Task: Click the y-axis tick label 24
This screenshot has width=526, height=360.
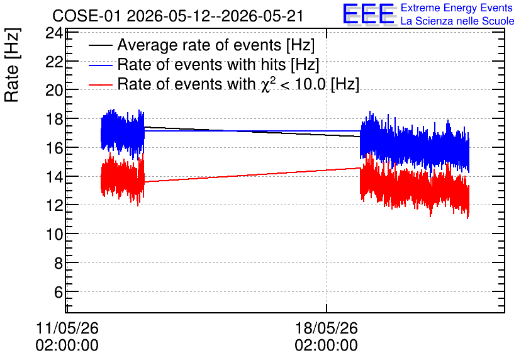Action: point(53,33)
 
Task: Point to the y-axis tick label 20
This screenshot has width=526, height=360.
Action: point(53,90)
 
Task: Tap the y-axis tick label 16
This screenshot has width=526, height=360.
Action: point(53,148)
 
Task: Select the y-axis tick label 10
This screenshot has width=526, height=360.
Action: point(53,234)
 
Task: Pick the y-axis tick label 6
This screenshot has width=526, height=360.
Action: point(58,292)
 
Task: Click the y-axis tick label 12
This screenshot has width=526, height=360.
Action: point(53,205)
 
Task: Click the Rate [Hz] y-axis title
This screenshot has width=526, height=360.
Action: point(12,65)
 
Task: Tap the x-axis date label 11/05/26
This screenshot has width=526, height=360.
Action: point(67,328)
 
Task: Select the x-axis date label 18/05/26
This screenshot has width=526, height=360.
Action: point(327,328)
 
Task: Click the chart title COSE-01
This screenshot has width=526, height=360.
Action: point(86,16)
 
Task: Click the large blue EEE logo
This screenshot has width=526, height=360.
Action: point(368,14)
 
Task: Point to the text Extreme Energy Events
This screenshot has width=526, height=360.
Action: point(457,8)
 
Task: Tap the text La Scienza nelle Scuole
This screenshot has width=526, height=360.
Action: point(457,21)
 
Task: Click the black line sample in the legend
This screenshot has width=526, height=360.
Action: point(100,45)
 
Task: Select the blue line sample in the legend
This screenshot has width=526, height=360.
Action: point(100,65)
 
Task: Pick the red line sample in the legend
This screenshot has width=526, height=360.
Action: point(100,84)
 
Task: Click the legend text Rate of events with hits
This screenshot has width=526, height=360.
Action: point(201,64)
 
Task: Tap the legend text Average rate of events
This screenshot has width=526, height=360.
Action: point(199,45)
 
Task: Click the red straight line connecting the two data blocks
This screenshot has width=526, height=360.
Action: point(252,175)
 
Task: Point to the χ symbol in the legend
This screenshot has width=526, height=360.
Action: point(266,85)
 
